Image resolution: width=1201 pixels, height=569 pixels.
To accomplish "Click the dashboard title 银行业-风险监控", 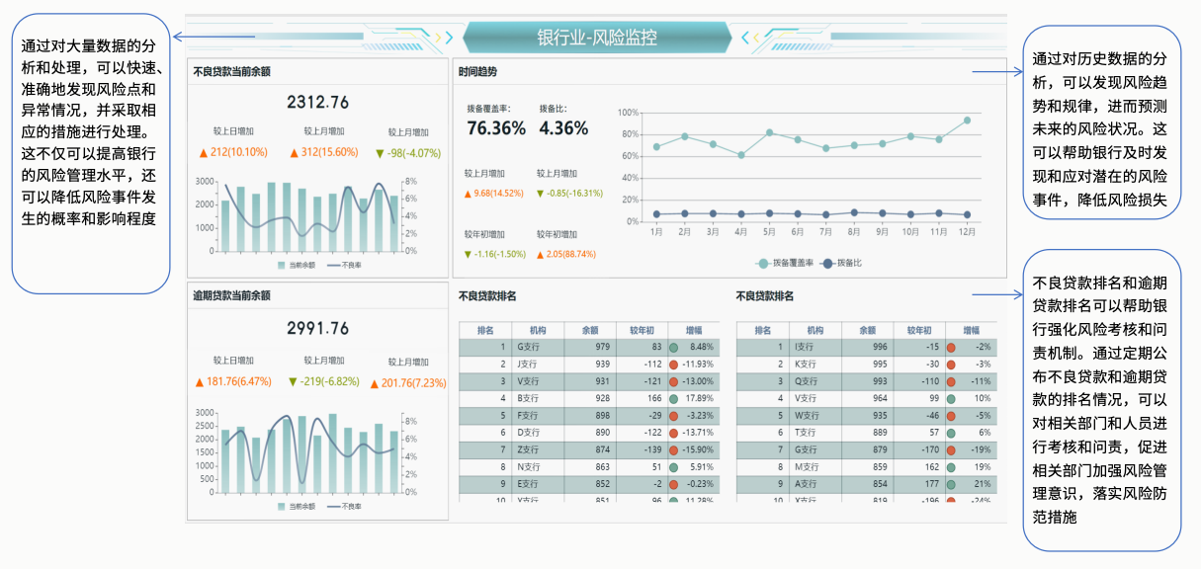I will [x=596, y=38].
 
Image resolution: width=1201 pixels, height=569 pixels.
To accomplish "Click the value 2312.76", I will [x=318, y=102].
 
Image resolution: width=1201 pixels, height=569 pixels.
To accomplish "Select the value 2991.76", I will [x=318, y=328].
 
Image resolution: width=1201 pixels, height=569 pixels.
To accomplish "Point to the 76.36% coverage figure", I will [x=496, y=128].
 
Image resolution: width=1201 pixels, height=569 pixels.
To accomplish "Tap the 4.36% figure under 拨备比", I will [x=563, y=128].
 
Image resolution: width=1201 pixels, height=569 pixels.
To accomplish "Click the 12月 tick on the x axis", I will [x=967, y=232].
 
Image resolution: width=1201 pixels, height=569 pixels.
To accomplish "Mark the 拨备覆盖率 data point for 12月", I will [x=967, y=121].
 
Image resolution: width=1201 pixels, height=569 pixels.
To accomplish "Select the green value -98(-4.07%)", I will [x=408, y=153].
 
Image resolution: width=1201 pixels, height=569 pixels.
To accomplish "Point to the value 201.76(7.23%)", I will [x=408, y=383].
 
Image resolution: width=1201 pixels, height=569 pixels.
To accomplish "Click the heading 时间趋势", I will [x=478, y=72].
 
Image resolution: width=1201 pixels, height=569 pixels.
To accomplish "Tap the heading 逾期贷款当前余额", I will [x=231, y=294].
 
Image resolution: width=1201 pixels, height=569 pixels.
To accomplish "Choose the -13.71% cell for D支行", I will [x=696, y=433].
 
